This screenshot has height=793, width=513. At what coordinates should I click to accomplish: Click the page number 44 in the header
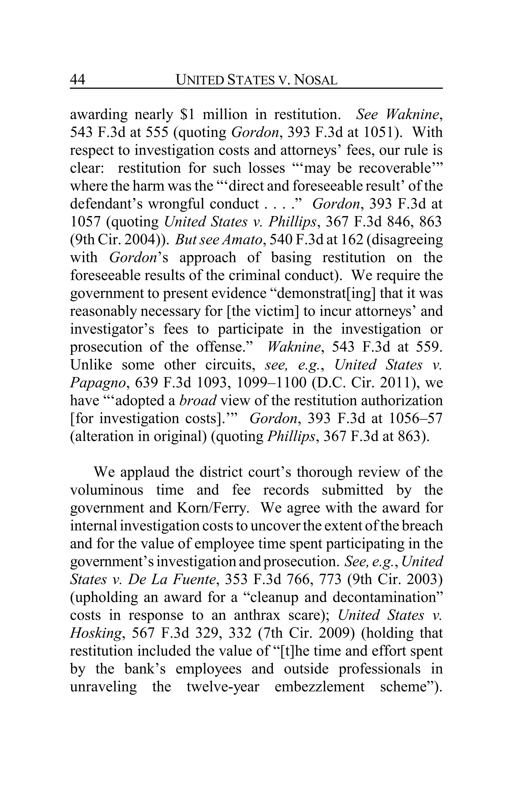[78, 80]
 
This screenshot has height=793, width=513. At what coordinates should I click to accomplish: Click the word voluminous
[106, 490]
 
